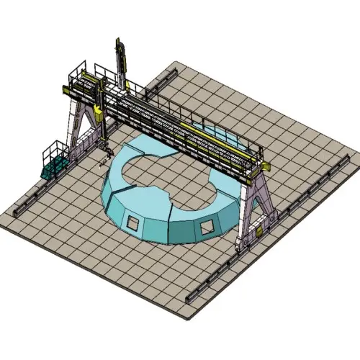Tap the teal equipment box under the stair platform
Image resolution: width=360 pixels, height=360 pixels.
pyautogui.click(x=54, y=169)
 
